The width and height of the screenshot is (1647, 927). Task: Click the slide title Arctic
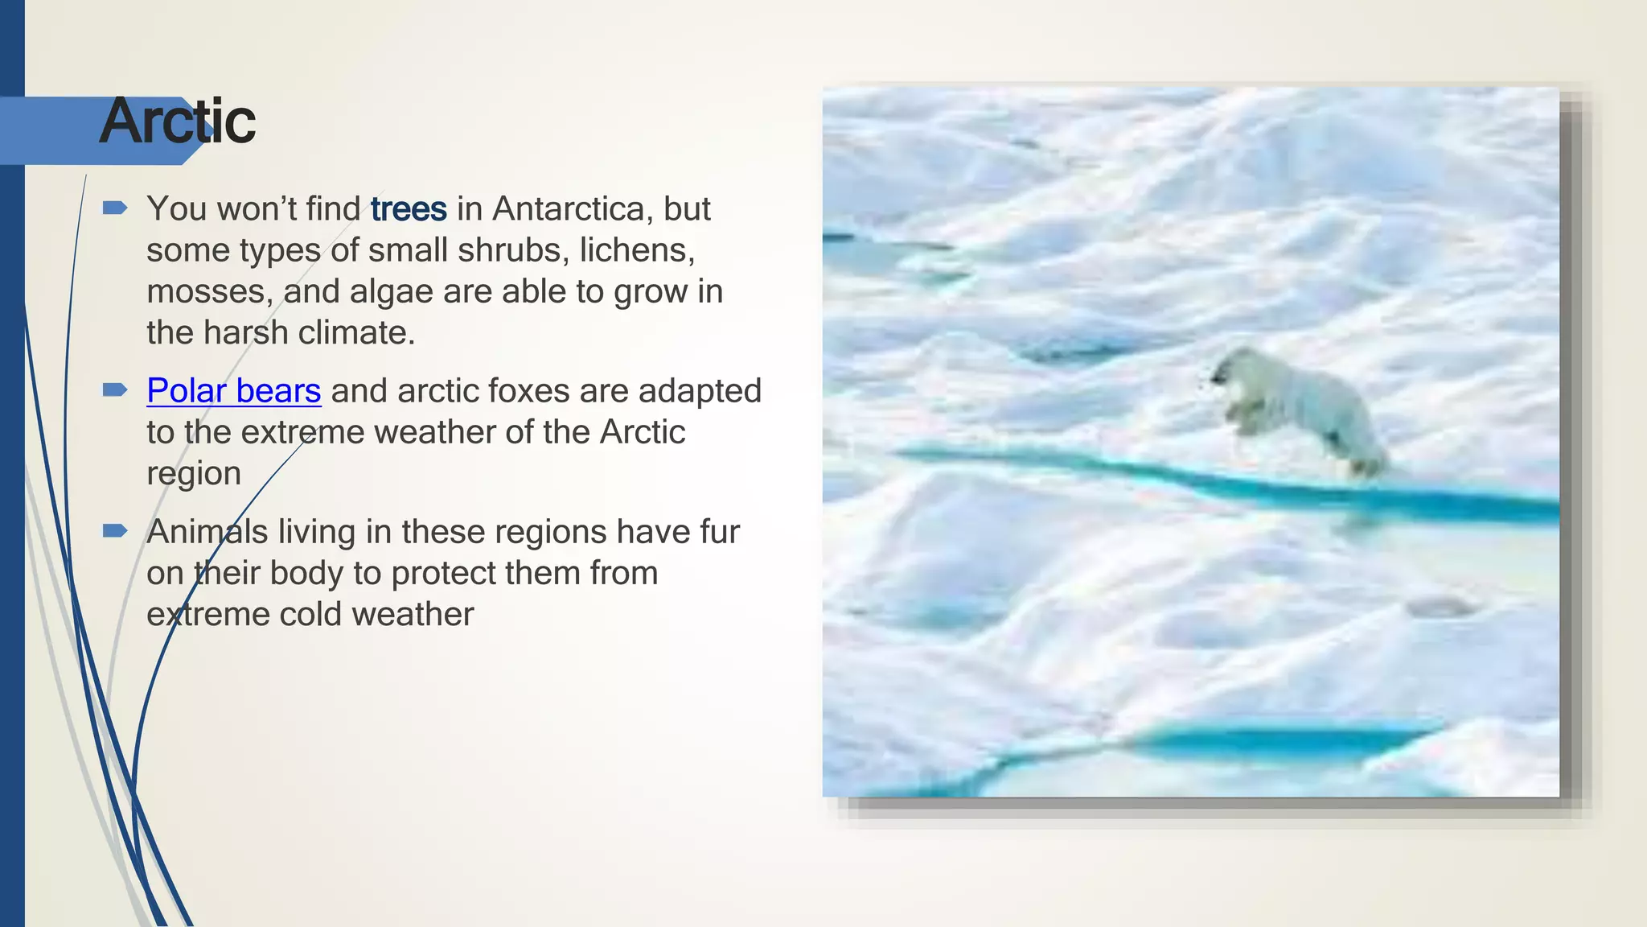(x=178, y=122)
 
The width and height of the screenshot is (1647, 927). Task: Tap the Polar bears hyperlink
(x=233, y=391)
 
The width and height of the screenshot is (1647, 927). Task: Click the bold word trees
(x=409, y=209)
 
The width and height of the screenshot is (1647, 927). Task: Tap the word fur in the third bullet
(x=720, y=532)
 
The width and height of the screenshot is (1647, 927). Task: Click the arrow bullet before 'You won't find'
(x=115, y=209)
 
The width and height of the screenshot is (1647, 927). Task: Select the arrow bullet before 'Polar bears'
(x=115, y=391)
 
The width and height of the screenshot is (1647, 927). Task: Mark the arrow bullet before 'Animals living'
(x=115, y=531)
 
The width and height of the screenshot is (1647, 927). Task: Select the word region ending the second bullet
(x=193, y=474)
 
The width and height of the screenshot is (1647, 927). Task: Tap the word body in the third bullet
(x=306, y=574)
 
